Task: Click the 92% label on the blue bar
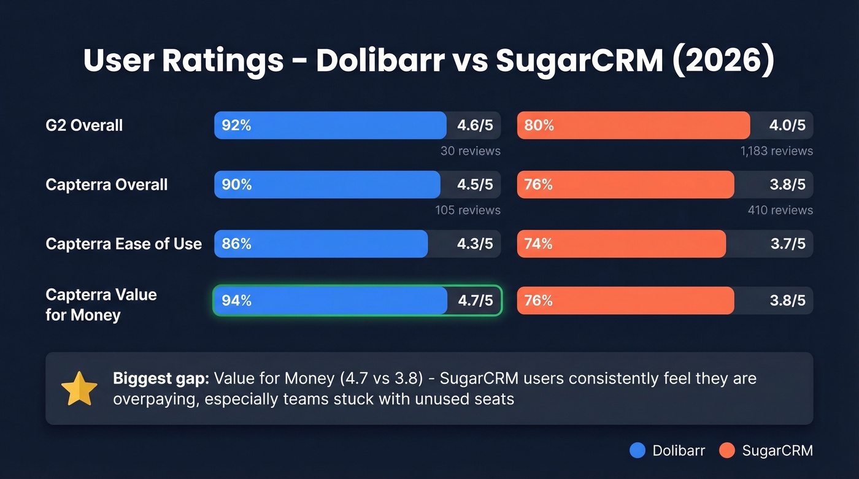236,126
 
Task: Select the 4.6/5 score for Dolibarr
474,126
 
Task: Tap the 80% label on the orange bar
539,126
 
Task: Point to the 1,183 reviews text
776,151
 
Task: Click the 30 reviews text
470,151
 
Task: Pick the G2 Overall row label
84,126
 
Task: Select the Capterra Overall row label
107,185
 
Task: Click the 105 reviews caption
468,210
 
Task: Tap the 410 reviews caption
780,210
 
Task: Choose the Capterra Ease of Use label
123,244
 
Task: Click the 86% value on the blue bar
236,244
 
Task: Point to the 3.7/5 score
787,244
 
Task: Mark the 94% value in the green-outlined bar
236,301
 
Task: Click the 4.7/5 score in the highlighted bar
475,301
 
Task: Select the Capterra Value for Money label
101,305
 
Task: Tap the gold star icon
79,389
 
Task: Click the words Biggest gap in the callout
161,378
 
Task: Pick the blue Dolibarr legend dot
638,451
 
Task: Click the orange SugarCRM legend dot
727,451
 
